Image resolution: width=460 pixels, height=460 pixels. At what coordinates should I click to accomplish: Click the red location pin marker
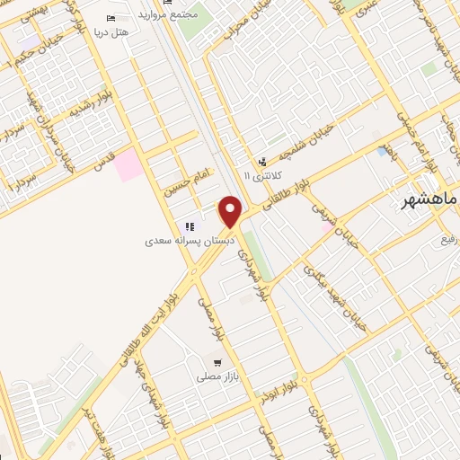pyautogui.click(x=231, y=211)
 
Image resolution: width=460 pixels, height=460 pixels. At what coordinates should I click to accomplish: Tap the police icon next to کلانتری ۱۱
pyautogui.click(x=261, y=163)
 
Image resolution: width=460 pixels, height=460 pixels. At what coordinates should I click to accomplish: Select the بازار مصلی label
pyautogui.click(x=217, y=377)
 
